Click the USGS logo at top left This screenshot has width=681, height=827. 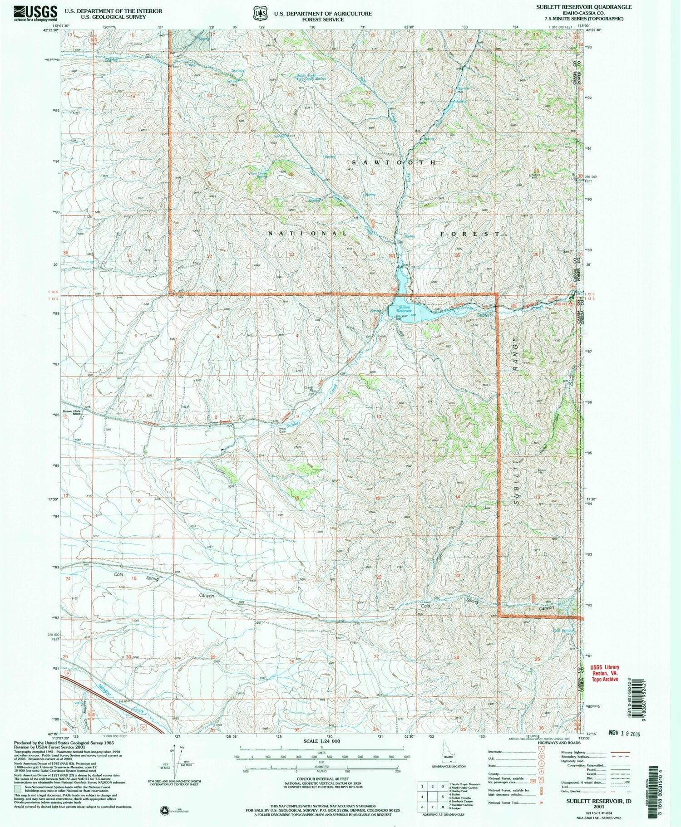pos(35,13)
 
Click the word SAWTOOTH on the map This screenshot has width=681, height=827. pos(395,162)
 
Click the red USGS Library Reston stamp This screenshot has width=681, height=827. pos(604,673)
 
